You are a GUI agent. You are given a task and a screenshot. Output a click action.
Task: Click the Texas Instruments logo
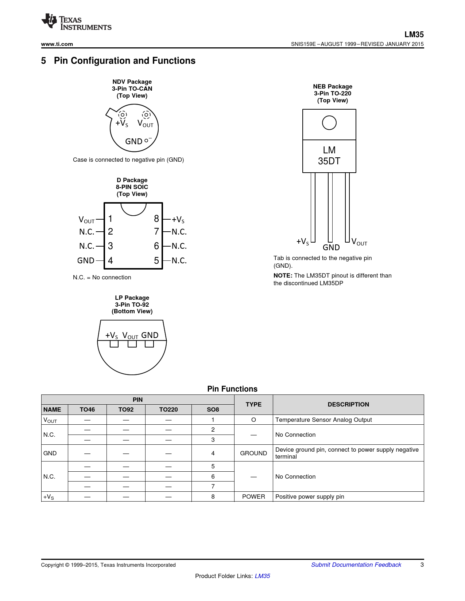76,22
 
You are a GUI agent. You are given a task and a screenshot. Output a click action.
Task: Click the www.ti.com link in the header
57,44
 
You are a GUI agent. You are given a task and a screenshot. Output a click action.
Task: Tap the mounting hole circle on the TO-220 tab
329,123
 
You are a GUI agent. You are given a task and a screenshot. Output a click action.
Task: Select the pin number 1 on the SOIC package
111,219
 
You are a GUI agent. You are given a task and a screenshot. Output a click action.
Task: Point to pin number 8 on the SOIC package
156,219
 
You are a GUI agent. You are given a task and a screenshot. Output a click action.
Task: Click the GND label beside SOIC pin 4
86,261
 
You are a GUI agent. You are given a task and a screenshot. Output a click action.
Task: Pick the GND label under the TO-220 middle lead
331,248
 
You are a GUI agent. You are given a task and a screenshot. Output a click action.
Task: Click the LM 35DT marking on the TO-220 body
329,156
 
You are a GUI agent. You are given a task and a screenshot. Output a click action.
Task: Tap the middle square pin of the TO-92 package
132,344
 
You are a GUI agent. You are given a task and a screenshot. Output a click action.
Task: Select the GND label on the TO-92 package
150,335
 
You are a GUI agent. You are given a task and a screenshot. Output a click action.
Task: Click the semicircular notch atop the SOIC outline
133,208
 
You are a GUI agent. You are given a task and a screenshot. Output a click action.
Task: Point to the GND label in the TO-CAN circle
133,141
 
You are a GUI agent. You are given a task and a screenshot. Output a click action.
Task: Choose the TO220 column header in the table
168,409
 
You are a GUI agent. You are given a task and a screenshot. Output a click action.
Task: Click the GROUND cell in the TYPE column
253,453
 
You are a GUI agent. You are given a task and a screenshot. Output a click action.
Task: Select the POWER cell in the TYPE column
253,496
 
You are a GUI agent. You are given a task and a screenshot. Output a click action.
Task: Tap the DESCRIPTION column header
348,404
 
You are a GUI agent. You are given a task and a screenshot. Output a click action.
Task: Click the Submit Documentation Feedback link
356,565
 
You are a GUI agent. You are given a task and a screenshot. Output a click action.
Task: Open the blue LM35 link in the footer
262,576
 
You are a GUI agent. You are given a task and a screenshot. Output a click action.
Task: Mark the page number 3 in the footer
422,565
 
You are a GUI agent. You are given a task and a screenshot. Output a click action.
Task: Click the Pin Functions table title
232,389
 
